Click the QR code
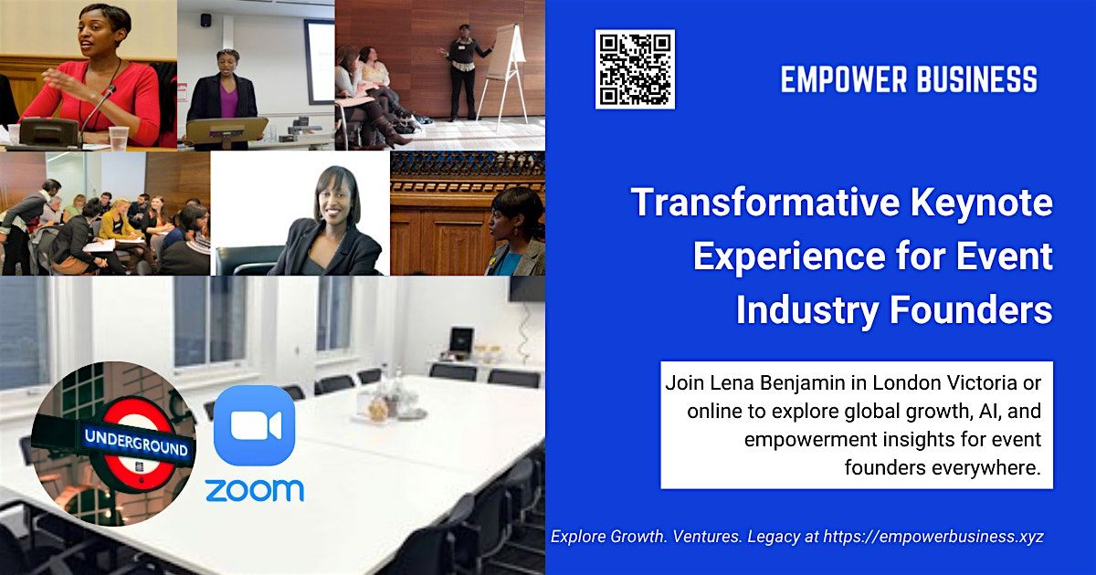click(635, 69)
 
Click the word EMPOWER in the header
click(838, 80)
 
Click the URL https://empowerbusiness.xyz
click(933, 537)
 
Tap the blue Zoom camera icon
click(254, 424)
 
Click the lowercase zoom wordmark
click(254, 490)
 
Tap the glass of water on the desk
click(119, 138)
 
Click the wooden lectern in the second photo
click(226, 130)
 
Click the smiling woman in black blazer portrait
click(329, 219)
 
